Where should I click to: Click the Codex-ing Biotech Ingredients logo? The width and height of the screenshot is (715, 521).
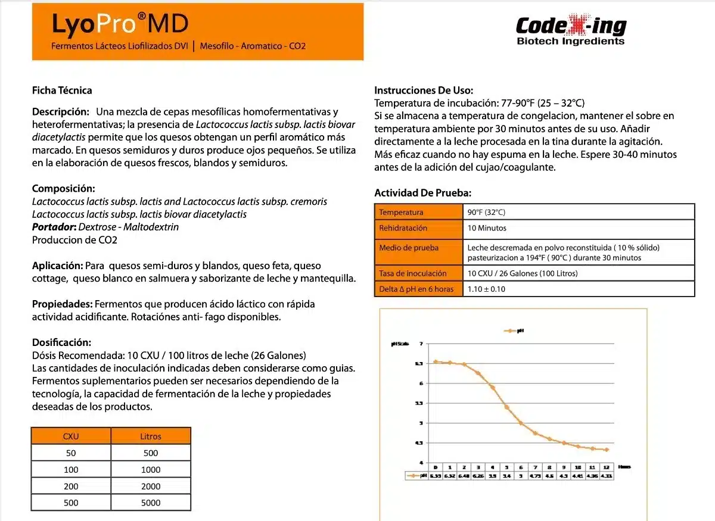tap(570, 30)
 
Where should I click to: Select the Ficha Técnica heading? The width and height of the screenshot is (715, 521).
tap(62, 91)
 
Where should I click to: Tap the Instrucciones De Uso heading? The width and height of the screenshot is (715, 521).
tap(424, 91)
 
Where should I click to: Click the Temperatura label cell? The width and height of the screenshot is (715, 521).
tap(401, 212)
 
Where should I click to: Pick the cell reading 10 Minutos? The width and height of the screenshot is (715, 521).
tap(487, 228)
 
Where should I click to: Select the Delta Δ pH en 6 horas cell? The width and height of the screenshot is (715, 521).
tap(416, 289)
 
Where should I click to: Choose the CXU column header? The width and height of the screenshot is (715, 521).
tap(71, 436)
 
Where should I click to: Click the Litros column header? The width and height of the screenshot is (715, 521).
tap(151, 436)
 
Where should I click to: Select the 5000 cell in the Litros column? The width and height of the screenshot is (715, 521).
tap(151, 503)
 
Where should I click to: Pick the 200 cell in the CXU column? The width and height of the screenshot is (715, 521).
tap(71, 486)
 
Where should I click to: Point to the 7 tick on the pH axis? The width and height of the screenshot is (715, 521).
tap(421, 344)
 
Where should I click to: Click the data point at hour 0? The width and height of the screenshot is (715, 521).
tap(436, 361)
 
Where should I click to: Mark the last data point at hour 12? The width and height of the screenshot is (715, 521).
tap(606, 450)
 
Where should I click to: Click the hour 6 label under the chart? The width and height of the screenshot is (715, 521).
tap(521, 467)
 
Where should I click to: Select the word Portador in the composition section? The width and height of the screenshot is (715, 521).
tap(54, 227)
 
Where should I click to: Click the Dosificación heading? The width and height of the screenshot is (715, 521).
tap(61, 342)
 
